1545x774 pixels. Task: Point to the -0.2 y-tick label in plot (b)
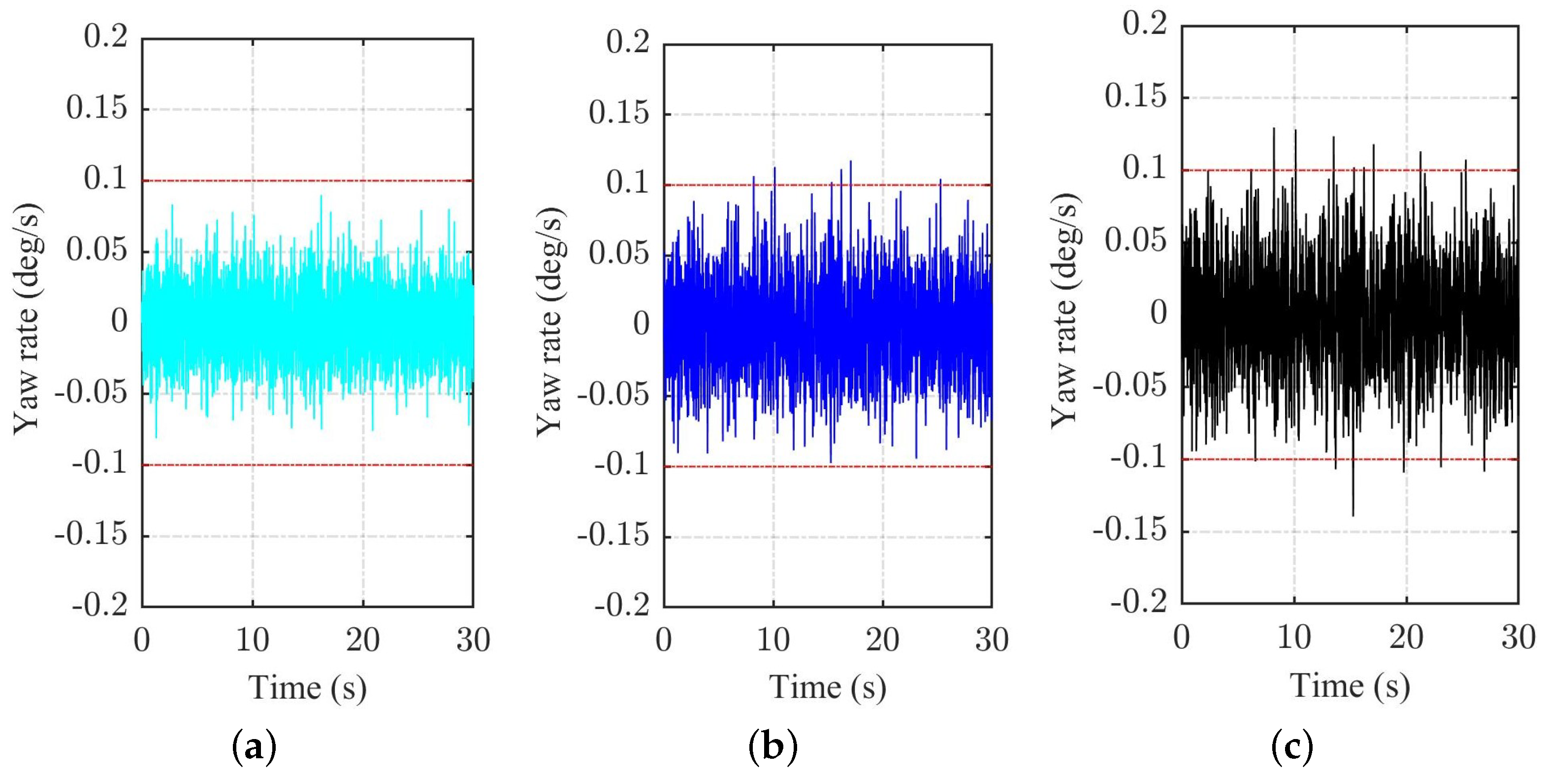622,605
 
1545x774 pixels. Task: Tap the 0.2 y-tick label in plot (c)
1144,24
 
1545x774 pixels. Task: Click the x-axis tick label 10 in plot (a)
252,640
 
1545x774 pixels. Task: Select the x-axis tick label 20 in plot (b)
882,640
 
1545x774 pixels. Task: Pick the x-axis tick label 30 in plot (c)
1518,637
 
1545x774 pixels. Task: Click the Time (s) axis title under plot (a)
307,688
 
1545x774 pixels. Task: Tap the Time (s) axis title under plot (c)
1350,686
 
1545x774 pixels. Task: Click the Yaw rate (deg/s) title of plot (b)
549,323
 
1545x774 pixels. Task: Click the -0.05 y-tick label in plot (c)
1129,385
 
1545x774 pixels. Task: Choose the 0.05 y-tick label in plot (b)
618,254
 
